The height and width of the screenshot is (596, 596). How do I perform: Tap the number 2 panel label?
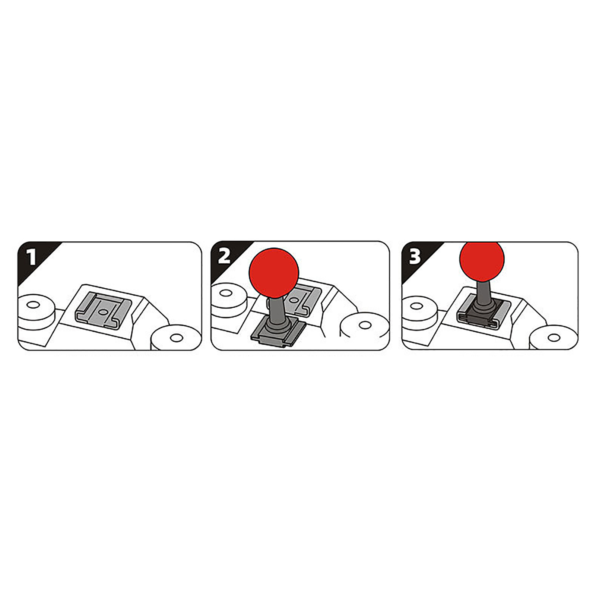tap(224, 256)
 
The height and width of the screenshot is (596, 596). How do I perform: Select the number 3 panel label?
tap(415, 256)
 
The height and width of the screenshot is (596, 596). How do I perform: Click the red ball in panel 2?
tap(274, 272)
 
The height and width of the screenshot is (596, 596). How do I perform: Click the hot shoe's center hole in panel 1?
tap(103, 310)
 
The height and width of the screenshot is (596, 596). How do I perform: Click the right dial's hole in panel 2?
tap(365, 325)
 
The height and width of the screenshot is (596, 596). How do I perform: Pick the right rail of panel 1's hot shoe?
tap(123, 311)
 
